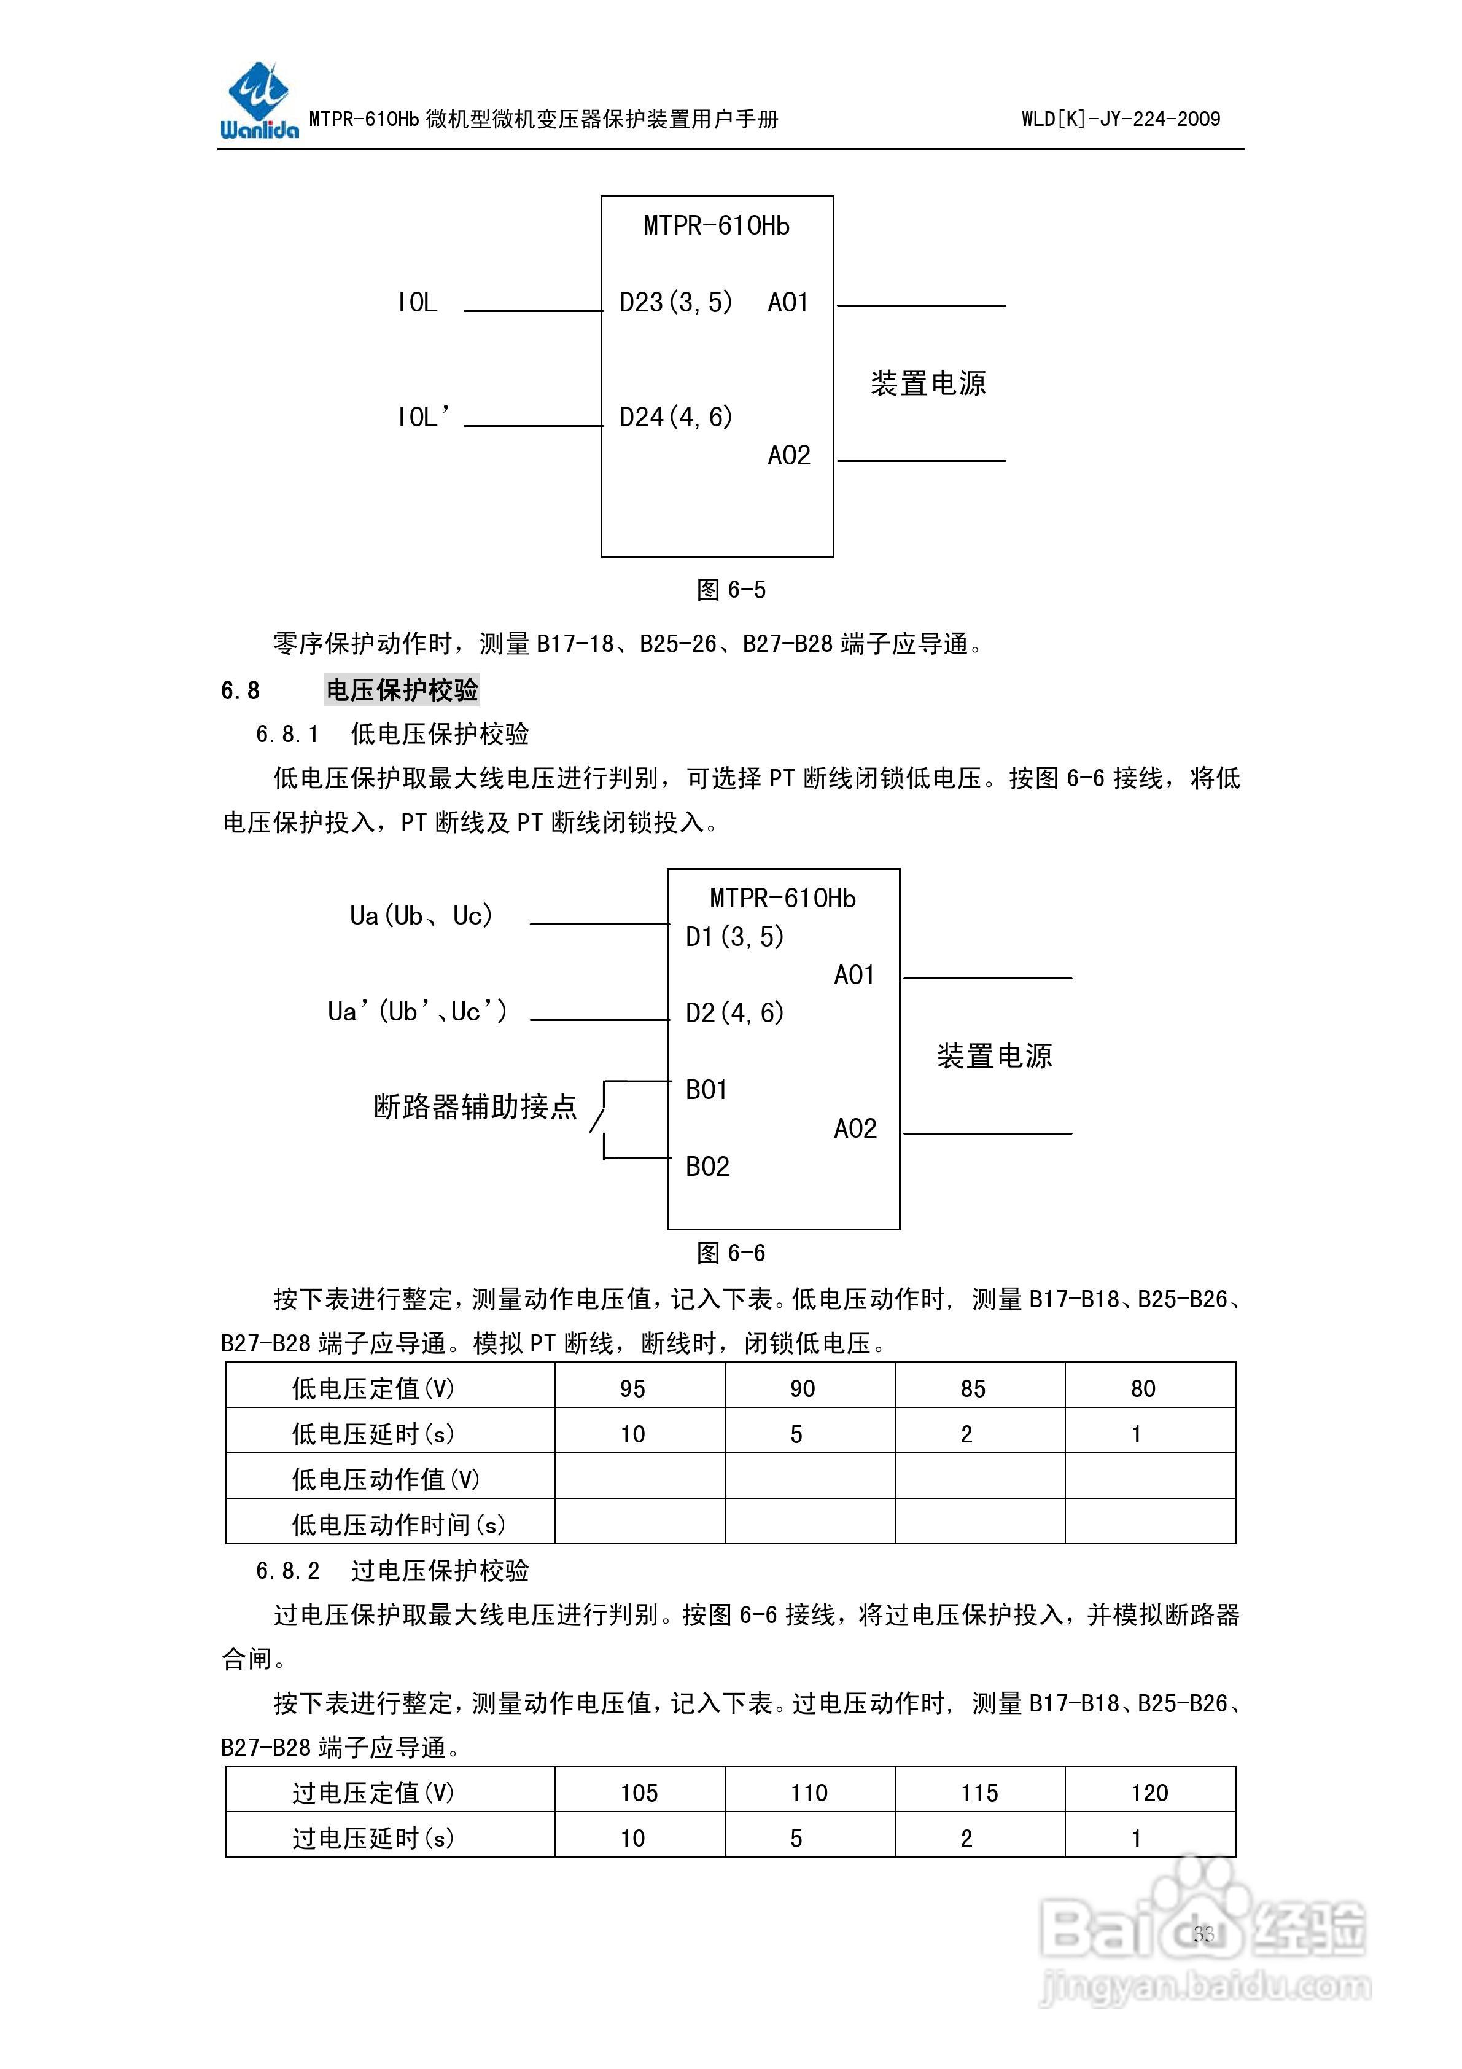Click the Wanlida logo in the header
[x=259, y=101]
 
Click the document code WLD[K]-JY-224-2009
[x=1120, y=119]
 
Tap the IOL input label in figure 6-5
[x=417, y=303]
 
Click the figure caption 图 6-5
[x=731, y=590]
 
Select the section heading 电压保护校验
[x=402, y=690]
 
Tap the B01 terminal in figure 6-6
[x=706, y=1090]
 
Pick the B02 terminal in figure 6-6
[x=707, y=1167]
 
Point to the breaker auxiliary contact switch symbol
[x=600, y=1119]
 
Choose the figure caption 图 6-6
[x=731, y=1253]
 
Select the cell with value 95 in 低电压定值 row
[x=632, y=1388]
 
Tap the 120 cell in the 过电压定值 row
[x=1149, y=1793]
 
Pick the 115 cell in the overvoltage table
[x=979, y=1793]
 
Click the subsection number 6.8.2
[x=287, y=1571]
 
